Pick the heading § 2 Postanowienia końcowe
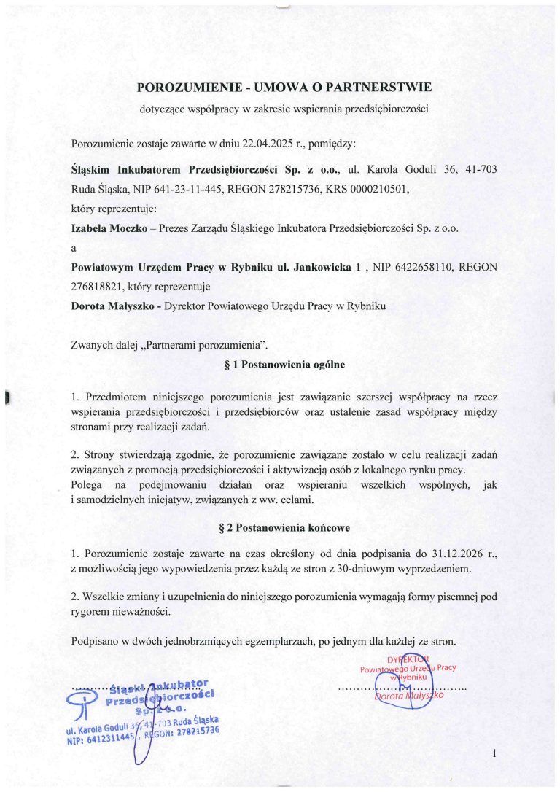pyautogui.click(x=285, y=526)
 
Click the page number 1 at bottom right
pyautogui.click(x=494, y=753)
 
